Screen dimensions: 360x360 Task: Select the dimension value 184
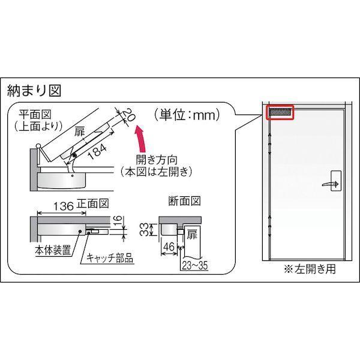pyautogui.click(x=99, y=151)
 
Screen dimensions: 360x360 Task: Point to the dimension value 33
pyautogui.click(x=144, y=228)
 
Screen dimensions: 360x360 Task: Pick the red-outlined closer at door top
pyautogui.click(x=280, y=112)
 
